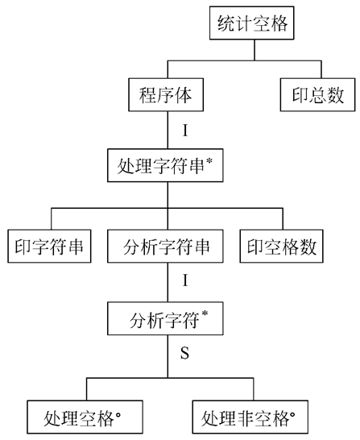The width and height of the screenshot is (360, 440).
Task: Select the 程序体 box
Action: coord(168,95)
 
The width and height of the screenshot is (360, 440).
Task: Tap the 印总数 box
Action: coord(312,95)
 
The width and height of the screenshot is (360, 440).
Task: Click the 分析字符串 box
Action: coord(168,247)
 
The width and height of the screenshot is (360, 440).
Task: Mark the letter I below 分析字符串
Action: coord(185,282)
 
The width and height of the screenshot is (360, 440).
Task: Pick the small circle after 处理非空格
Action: coord(294,412)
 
